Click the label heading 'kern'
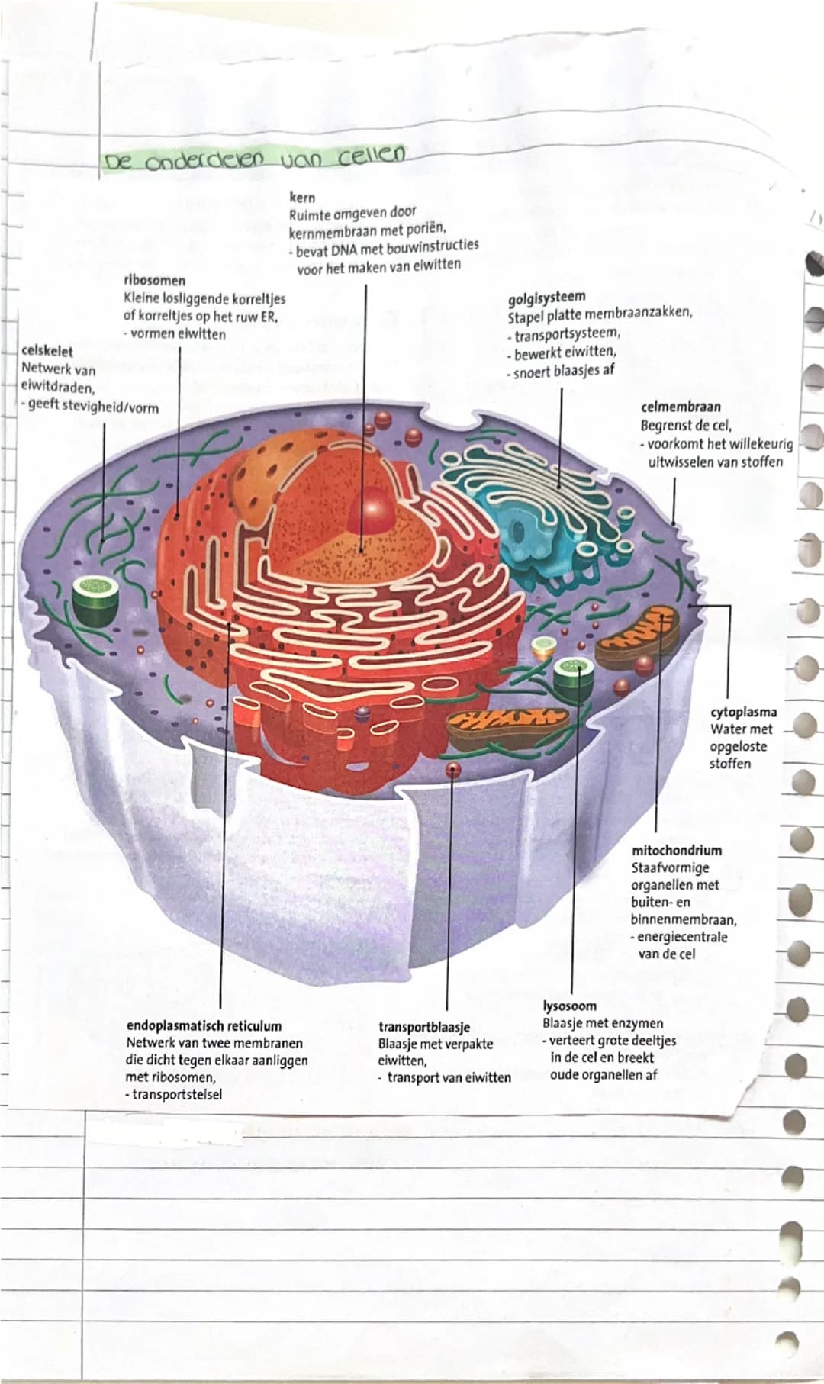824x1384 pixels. tap(304, 198)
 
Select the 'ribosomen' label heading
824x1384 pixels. tap(154, 280)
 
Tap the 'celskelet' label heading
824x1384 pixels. tap(47, 352)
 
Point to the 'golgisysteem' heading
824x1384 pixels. tap(547, 296)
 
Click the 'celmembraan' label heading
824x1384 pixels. tap(681, 407)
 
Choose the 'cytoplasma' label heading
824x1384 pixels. tap(744, 713)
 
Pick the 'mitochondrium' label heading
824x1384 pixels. tap(677, 850)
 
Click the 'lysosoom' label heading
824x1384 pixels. tap(570, 1006)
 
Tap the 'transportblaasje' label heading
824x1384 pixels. tap(424, 1027)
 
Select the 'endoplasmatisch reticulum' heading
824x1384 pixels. tap(203, 1026)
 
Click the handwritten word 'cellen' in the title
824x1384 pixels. tap(369, 156)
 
